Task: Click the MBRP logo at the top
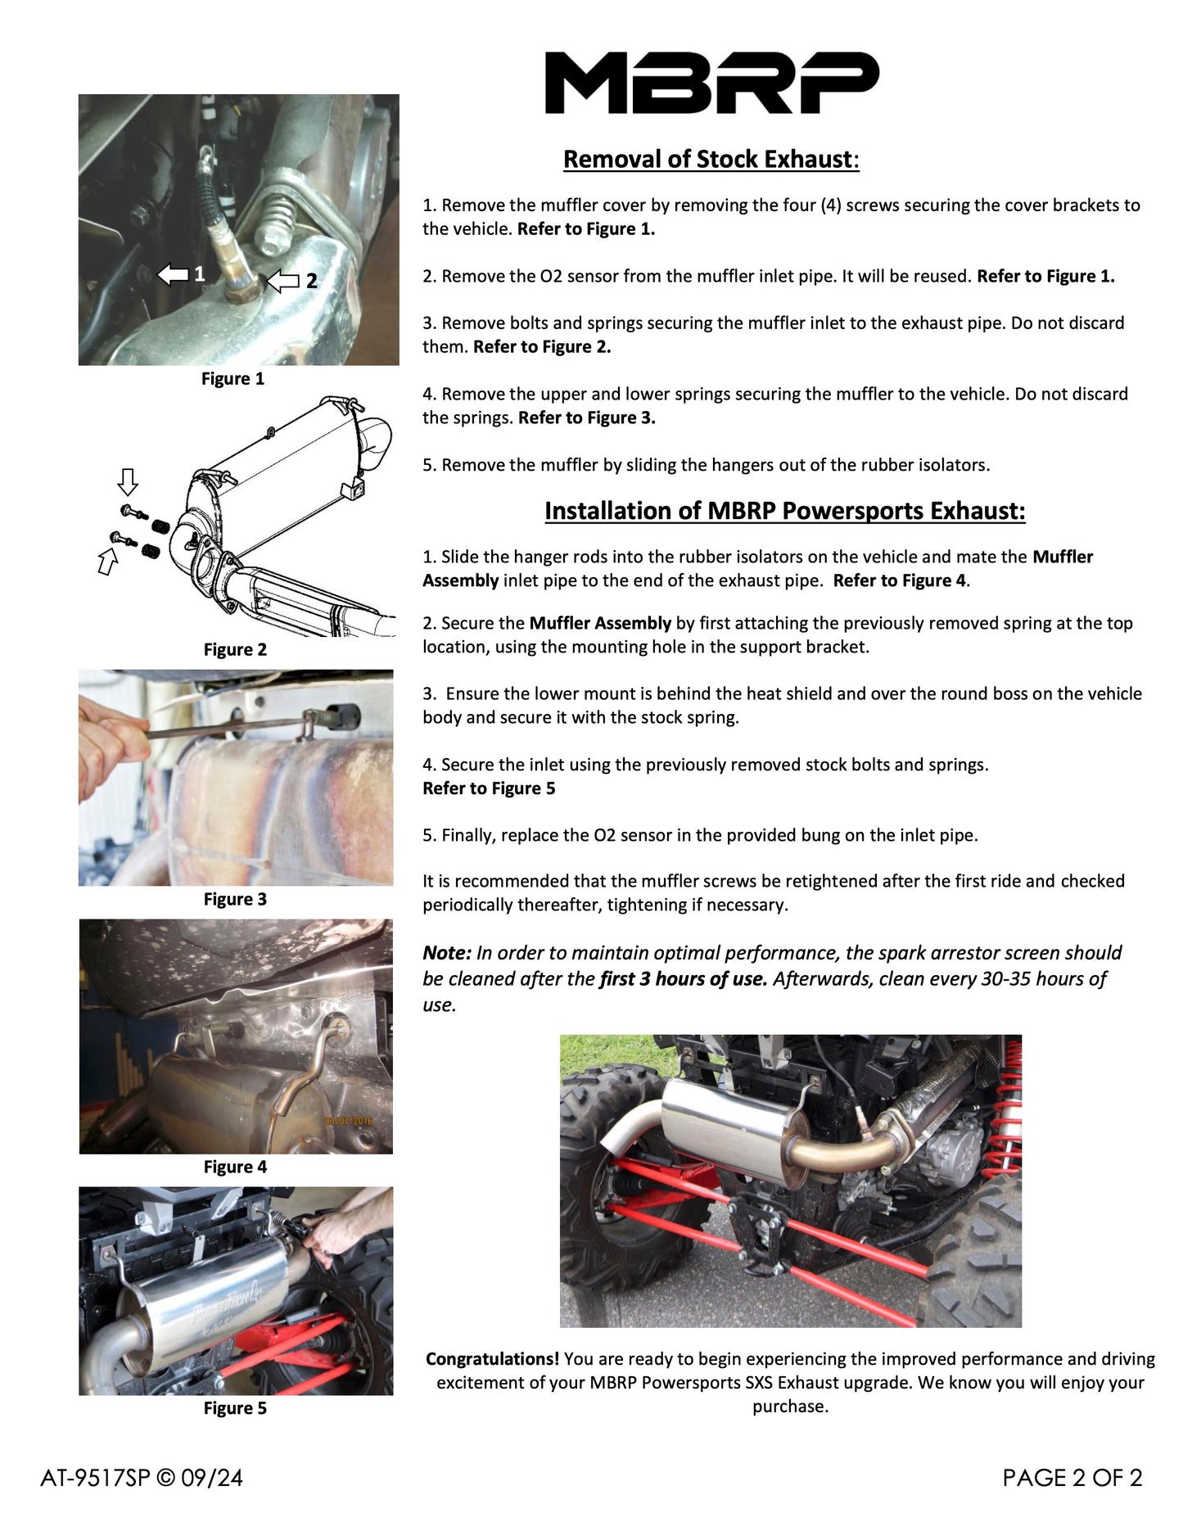(x=711, y=83)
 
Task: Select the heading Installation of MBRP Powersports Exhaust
(x=784, y=511)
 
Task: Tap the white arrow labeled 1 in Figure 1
(x=173, y=273)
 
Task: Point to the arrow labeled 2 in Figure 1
(x=283, y=281)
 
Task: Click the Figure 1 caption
(x=233, y=378)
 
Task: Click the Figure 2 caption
(x=235, y=649)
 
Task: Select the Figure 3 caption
(x=235, y=899)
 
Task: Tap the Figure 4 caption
(x=235, y=1167)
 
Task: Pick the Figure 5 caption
(x=235, y=1408)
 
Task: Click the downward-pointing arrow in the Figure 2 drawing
(x=128, y=481)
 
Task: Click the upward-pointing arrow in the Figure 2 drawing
(x=107, y=562)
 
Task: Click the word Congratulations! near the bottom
(x=492, y=1359)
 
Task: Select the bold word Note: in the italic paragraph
(x=447, y=953)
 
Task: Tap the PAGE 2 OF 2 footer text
(x=1072, y=1478)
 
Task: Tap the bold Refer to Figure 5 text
(x=489, y=788)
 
